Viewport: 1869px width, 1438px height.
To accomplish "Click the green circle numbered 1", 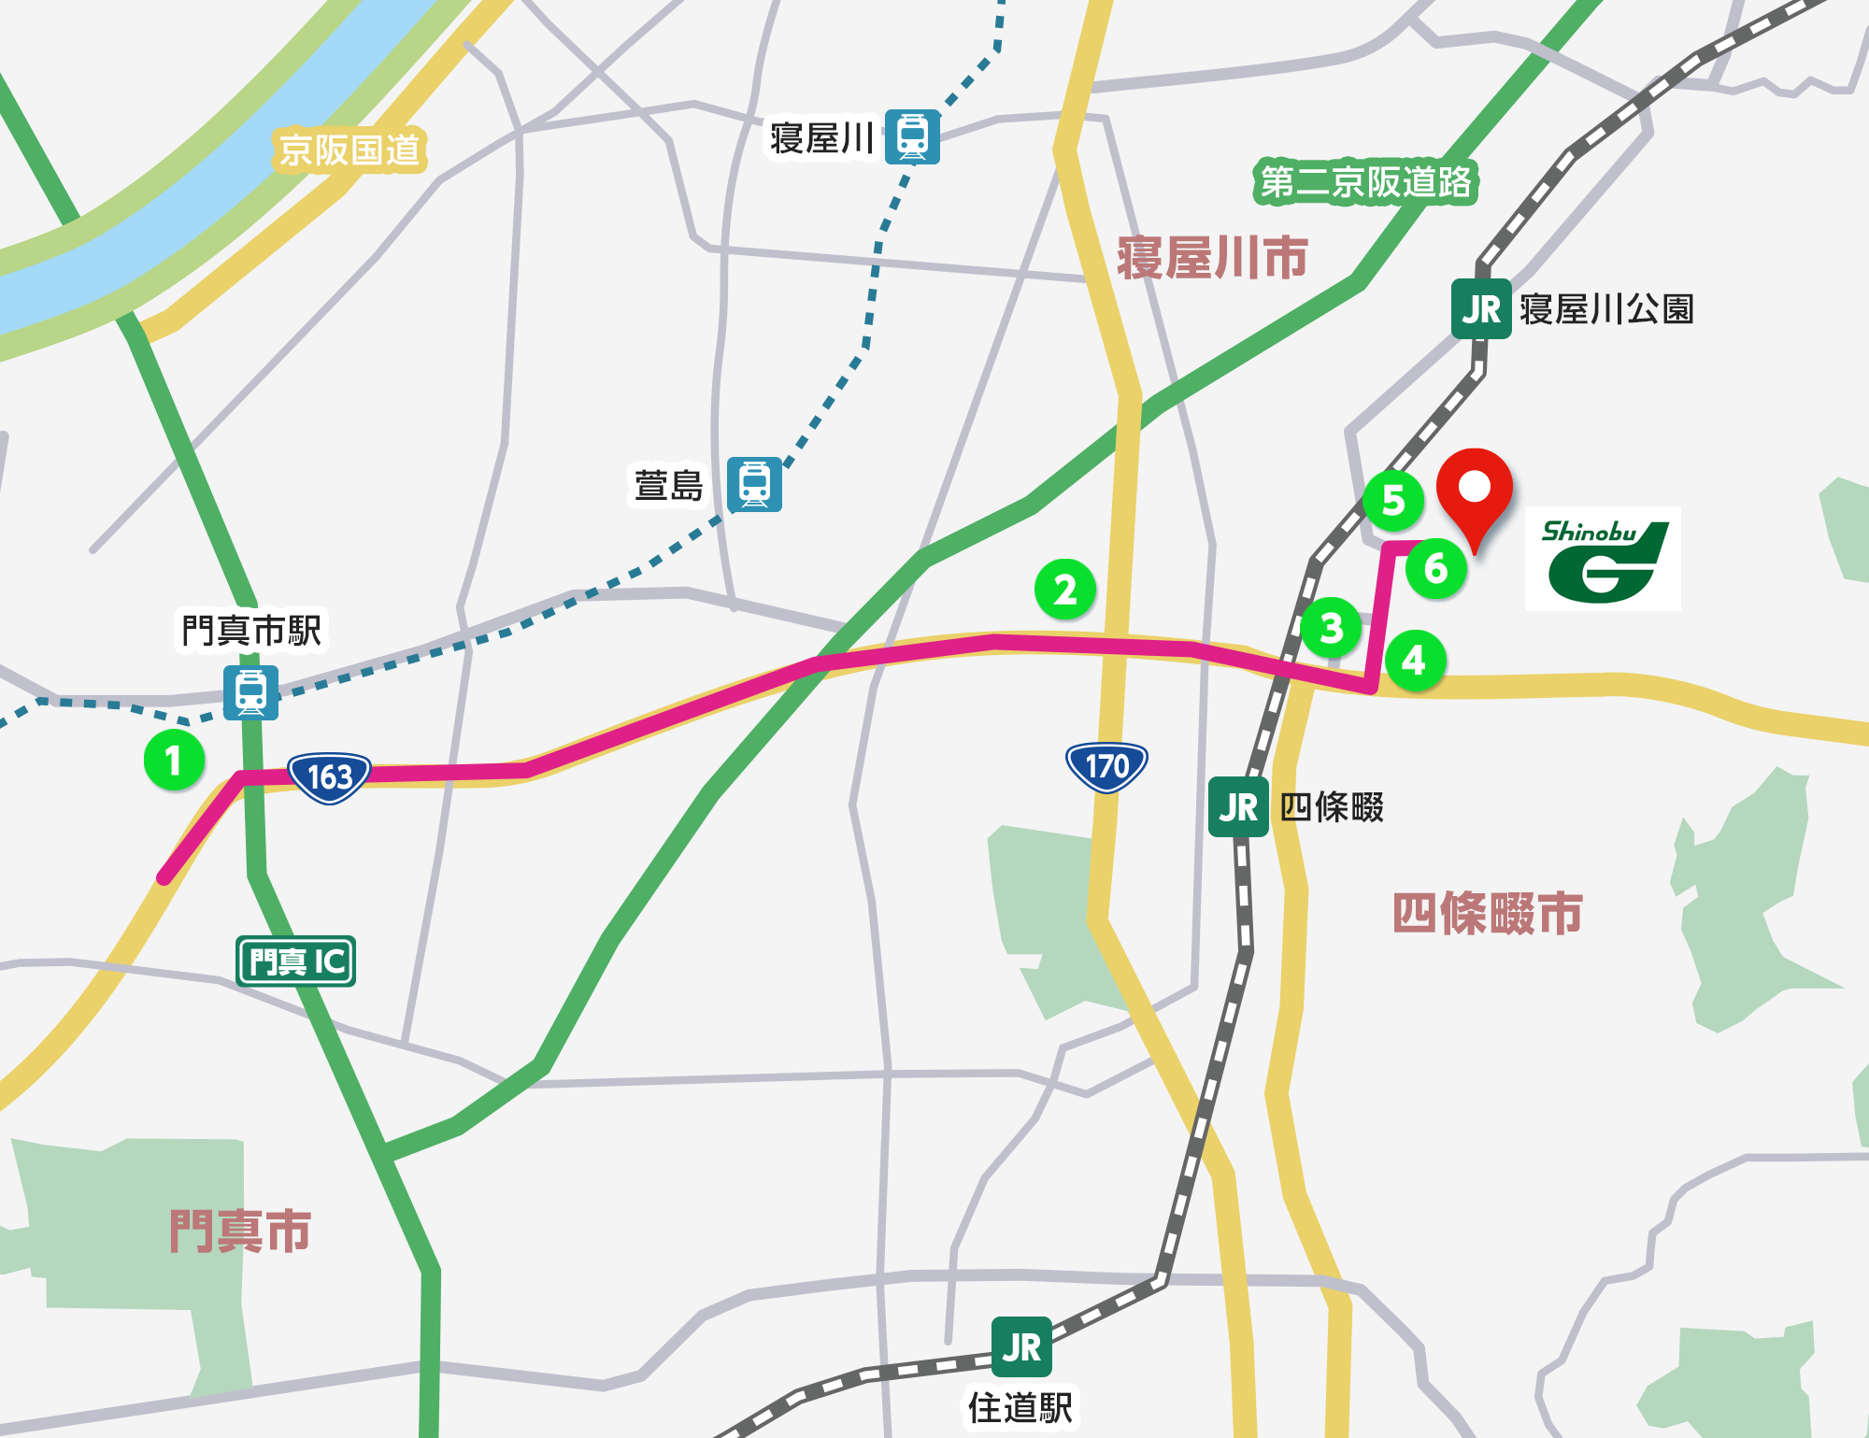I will pyautogui.click(x=174, y=760).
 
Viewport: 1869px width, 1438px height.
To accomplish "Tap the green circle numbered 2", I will pyautogui.click(x=1065, y=590).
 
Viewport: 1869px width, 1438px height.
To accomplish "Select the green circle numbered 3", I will pyautogui.click(x=1332, y=628).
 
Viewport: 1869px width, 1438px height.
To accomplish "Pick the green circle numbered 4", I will pyautogui.click(x=1415, y=661).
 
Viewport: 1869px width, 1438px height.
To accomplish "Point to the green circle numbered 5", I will pyautogui.click(x=1392, y=501).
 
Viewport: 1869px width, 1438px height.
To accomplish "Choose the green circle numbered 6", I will pyautogui.click(x=1436, y=568).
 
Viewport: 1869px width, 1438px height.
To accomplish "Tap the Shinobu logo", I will pyautogui.click(x=1603, y=559).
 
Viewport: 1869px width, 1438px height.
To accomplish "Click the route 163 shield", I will pyautogui.click(x=329, y=776).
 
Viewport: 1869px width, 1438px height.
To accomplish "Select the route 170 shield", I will pyautogui.click(x=1106, y=766).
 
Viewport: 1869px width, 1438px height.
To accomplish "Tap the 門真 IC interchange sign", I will pyautogui.click(x=296, y=961).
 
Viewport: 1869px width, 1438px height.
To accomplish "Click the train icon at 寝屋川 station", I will pyautogui.click(x=912, y=137).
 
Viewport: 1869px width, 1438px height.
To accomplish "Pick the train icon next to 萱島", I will pyautogui.click(x=754, y=484).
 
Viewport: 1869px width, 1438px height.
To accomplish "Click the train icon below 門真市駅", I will pyautogui.click(x=250, y=692).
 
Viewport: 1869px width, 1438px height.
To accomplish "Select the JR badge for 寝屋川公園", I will pyautogui.click(x=1480, y=309).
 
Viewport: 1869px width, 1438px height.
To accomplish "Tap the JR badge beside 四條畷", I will pyautogui.click(x=1238, y=807).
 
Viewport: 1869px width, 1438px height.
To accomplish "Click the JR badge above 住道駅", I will pyautogui.click(x=1021, y=1346).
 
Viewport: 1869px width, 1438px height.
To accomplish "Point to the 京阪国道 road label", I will pyautogui.click(x=350, y=150).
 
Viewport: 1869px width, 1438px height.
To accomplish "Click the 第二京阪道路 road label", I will pyautogui.click(x=1365, y=182).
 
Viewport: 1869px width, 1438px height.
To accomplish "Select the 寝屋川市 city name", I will pyautogui.click(x=1212, y=258).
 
